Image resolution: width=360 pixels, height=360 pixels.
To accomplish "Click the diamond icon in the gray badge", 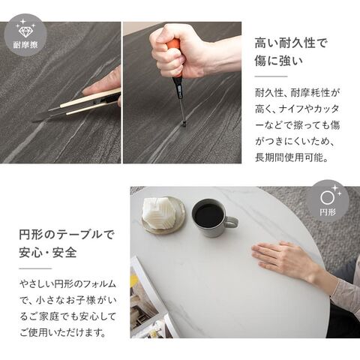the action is click(x=25, y=31).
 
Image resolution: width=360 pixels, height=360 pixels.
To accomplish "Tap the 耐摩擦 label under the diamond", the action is click(x=25, y=45).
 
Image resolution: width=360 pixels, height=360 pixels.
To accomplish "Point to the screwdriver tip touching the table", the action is click(x=184, y=124).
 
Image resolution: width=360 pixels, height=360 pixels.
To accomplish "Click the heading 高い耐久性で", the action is click(x=291, y=43).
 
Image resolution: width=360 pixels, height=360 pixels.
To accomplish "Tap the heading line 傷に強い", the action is click(x=278, y=61).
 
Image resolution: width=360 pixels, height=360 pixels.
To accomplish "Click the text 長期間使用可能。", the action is click(x=292, y=157).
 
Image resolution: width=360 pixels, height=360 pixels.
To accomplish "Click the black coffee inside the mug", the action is click(x=209, y=215).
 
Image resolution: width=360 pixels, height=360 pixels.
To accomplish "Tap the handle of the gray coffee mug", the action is click(x=231, y=222).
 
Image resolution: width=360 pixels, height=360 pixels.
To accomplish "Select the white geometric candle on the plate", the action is click(x=158, y=211).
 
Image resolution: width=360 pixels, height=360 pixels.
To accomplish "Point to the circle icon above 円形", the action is click(x=327, y=198).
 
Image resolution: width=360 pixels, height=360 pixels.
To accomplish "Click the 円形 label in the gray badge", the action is click(x=328, y=212).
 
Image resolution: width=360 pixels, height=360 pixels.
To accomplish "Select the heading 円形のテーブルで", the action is click(x=66, y=235).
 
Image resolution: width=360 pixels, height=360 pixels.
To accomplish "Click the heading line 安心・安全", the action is click(x=48, y=253).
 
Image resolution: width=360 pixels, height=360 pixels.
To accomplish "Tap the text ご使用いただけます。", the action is click(x=62, y=333).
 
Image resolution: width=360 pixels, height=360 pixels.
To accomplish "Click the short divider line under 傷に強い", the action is click(x=271, y=76).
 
